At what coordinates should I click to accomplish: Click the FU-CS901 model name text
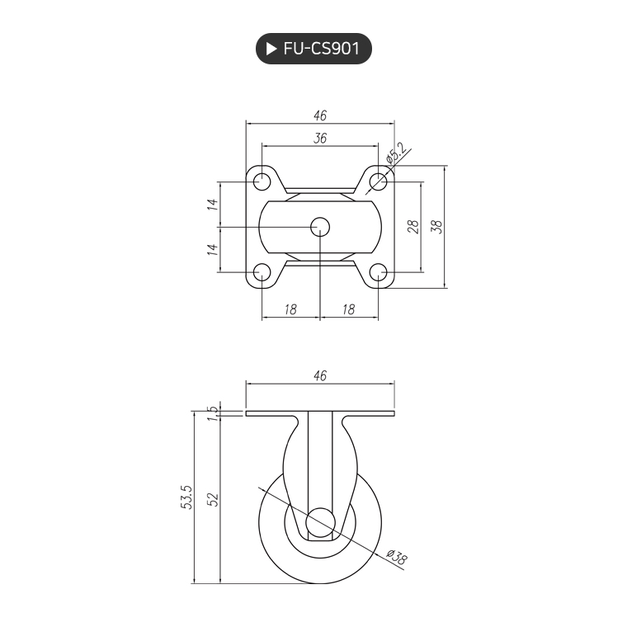[x=321, y=49]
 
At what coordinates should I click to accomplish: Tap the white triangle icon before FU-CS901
[x=271, y=49]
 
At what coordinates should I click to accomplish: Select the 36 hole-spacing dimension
[x=320, y=139]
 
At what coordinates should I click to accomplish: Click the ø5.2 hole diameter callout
[x=396, y=154]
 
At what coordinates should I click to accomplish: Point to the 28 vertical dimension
[x=413, y=226]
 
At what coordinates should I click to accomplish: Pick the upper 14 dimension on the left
[x=213, y=205]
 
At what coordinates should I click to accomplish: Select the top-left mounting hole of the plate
[x=262, y=181]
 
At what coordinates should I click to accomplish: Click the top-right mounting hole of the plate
[x=378, y=181]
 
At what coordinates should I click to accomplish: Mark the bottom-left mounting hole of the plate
[x=262, y=272]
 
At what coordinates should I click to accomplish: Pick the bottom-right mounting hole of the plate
[x=378, y=272]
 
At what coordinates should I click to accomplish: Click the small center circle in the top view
[x=319, y=227]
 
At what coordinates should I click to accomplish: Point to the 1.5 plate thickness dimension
[x=212, y=412]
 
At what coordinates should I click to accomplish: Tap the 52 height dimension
[x=212, y=499]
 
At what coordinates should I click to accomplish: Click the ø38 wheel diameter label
[x=397, y=559]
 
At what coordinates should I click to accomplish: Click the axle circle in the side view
[x=320, y=524]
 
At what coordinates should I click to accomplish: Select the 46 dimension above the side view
[x=320, y=375]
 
